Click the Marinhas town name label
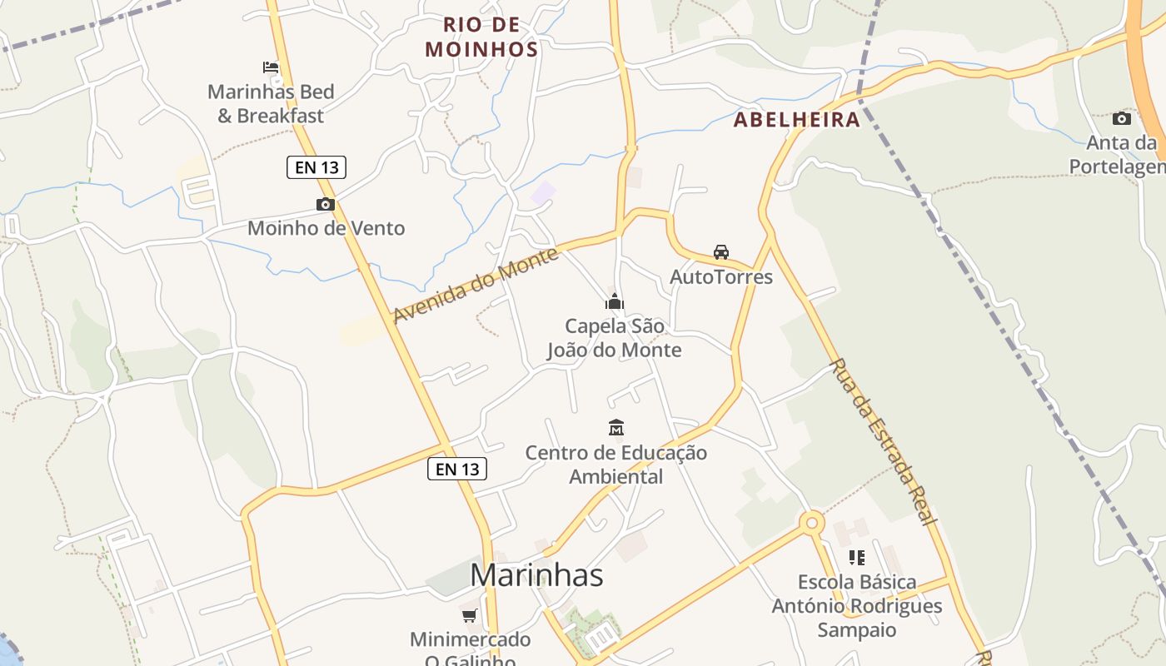[536, 575]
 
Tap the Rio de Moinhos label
[481, 37]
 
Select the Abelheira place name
[796, 120]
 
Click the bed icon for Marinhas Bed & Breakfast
[271, 67]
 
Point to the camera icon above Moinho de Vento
[325, 204]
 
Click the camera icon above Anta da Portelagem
[1122, 118]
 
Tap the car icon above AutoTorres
[721, 251]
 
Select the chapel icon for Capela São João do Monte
[615, 301]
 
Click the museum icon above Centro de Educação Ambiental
[616, 428]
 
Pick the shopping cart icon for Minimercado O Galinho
[470, 615]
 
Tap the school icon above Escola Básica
[856, 557]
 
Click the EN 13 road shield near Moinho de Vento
[316, 167]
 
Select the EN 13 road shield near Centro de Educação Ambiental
[457, 469]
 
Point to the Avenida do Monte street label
[476, 286]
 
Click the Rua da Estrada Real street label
[881, 442]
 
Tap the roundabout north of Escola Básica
[811, 523]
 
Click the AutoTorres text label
[721, 277]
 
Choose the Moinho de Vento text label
[326, 228]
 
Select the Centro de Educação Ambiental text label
[616, 465]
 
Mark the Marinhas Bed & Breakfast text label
[271, 104]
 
